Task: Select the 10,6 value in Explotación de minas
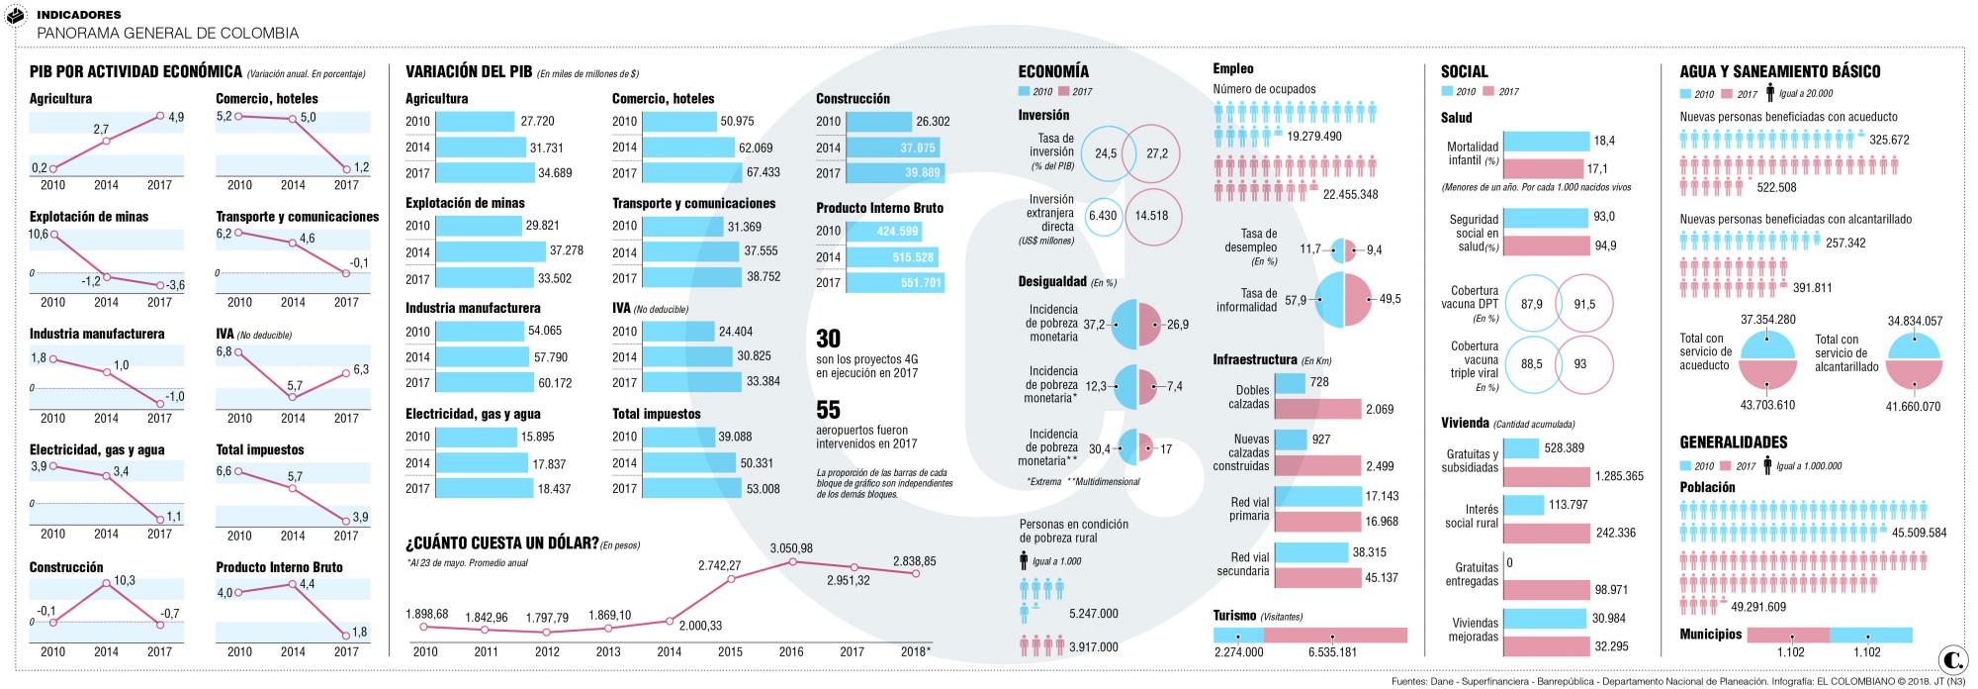coord(39,234)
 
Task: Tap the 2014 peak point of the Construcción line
coord(106,584)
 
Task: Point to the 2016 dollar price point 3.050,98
coord(792,562)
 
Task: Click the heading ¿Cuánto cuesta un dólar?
coord(501,543)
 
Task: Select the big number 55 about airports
coord(828,410)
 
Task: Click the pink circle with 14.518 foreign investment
coord(1152,216)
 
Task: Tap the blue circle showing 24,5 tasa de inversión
coord(1106,153)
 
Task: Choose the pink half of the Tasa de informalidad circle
coord(1358,299)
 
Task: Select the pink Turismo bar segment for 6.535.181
coord(1335,636)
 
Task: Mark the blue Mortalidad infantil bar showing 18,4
coord(1545,142)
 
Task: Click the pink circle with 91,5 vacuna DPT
coord(1584,305)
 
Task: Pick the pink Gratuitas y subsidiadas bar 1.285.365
coord(1546,476)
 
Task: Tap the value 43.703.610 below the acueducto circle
coord(1766,406)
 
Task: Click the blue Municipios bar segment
coord(1870,636)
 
